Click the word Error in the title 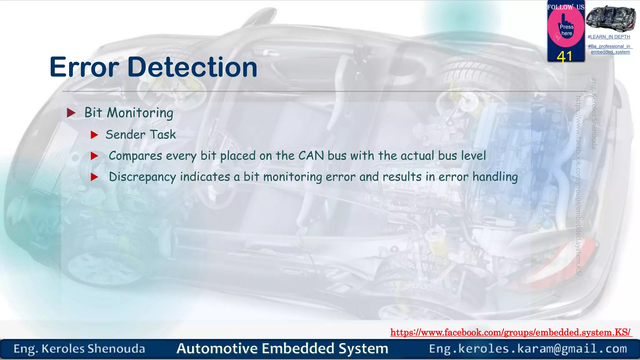pyautogui.click(x=84, y=67)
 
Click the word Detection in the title pyautogui.click(x=192, y=67)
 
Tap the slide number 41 pyautogui.click(x=564, y=57)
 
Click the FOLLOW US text pyautogui.click(x=566, y=7)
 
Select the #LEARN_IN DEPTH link pyautogui.click(x=609, y=37)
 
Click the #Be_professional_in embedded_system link pyautogui.click(x=610, y=49)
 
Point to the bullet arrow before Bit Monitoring pyautogui.click(x=71, y=113)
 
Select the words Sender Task pyautogui.click(x=141, y=135)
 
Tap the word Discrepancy pyautogui.click(x=142, y=177)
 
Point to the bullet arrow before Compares pyautogui.click(x=94, y=156)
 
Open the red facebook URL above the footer pyautogui.click(x=511, y=332)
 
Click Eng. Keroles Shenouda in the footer pyautogui.click(x=79, y=349)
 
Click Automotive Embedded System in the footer pyautogui.click(x=282, y=348)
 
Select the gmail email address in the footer pyautogui.click(x=528, y=349)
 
